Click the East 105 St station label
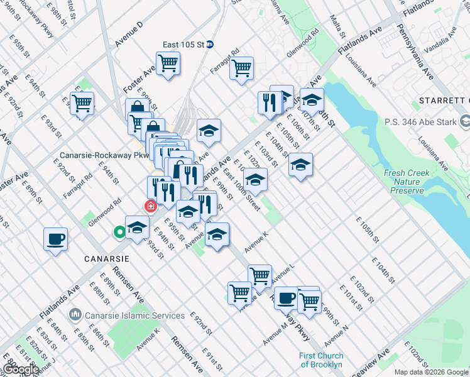tap(184, 45)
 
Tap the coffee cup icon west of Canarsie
tap(55, 239)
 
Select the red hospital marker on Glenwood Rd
tap(150, 206)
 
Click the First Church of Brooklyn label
tap(320, 360)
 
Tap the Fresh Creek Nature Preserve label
tap(408, 182)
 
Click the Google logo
tap(21, 369)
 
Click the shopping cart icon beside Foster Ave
tap(168, 63)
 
